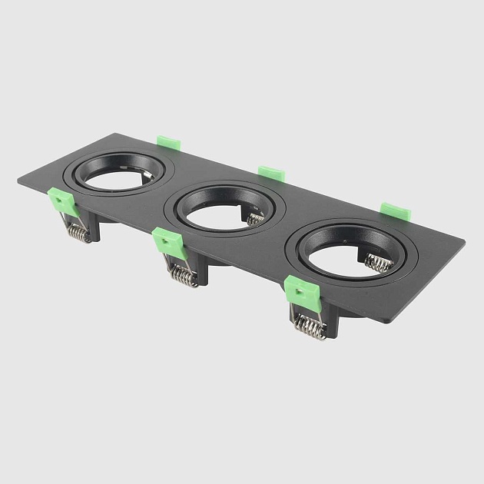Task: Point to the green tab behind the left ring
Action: click(x=168, y=143)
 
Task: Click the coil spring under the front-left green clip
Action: click(x=78, y=231)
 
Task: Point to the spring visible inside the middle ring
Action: click(x=256, y=220)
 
